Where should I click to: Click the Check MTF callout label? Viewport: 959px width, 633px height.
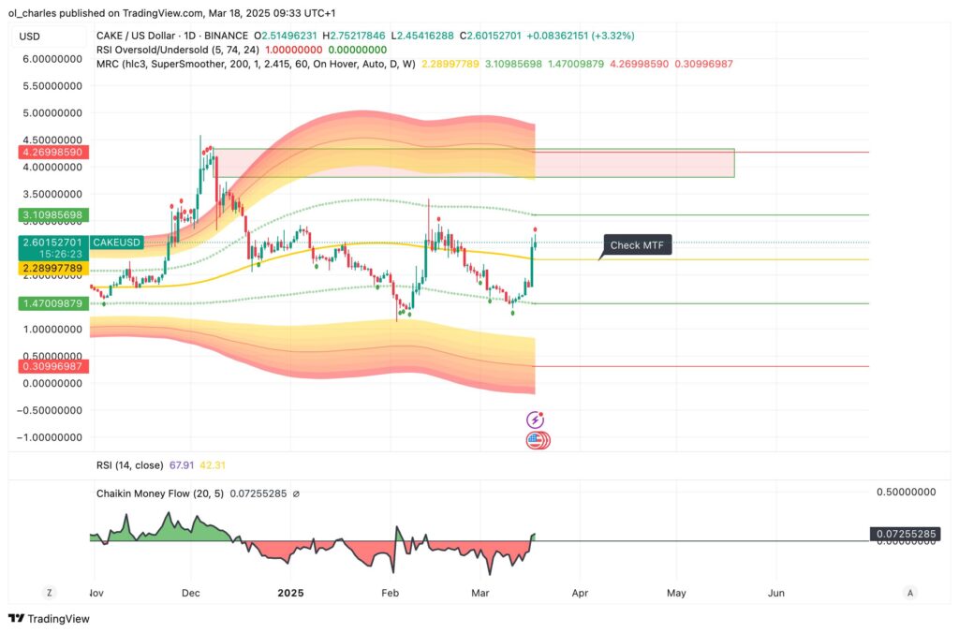pyautogui.click(x=638, y=245)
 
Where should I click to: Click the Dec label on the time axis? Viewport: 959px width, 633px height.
pyautogui.click(x=191, y=593)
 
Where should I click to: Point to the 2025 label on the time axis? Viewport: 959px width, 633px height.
pyautogui.click(x=291, y=593)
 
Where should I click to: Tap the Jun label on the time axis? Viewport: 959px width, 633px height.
pyautogui.click(x=775, y=593)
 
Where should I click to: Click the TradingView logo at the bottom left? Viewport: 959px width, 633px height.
pyautogui.click(x=48, y=619)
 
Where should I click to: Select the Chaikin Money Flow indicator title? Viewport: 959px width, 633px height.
pyautogui.click(x=159, y=493)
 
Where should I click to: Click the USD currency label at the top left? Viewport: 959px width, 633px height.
pyautogui.click(x=29, y=37)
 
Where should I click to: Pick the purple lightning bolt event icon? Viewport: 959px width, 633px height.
pyautogui.click(x=537, y=420)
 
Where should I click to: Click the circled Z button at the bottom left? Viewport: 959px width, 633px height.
pyautogui.click(x=50, y=593)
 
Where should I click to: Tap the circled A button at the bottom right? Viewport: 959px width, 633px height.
pyautogui.click(x=909, y=593)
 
